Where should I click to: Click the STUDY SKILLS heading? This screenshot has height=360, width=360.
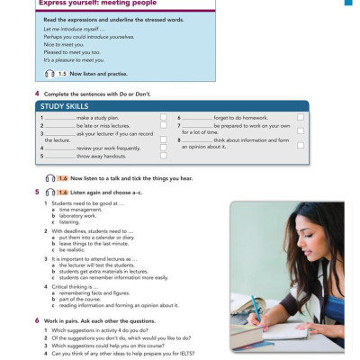(65, 107)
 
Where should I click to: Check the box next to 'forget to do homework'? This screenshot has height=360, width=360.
(300, 118)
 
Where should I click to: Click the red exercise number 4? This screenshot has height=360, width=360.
(36, 94)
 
